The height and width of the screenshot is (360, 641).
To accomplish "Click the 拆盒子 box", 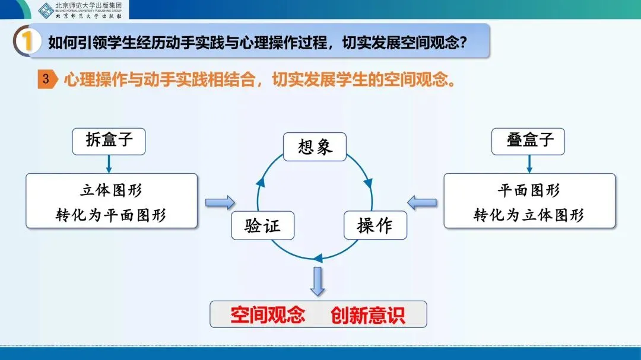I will click(x=109, y=141).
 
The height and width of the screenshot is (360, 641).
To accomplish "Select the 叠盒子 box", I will click(x=528, y=141).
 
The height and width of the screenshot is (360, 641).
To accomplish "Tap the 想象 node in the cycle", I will click(x=315, y=146).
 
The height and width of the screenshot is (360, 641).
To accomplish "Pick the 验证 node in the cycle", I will click(x=262, y=225).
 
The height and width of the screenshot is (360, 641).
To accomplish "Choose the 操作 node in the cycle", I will click(x=375, y=225).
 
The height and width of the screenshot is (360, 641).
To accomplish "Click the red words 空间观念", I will click(x=268, y=314).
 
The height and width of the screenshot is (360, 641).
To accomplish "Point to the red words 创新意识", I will click(x=368, y=314).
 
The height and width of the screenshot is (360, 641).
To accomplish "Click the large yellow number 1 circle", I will click(x=27, y=43).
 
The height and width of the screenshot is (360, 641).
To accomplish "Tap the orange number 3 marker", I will click(x=46, y=79).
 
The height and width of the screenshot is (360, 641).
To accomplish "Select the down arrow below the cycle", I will click(x=318, y=281).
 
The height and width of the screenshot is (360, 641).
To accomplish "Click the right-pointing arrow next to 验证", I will click(x=220, y=203).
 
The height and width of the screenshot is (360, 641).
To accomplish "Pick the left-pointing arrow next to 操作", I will click(x=422, y=203).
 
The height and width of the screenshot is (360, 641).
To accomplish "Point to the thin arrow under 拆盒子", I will click(x=109, y=163).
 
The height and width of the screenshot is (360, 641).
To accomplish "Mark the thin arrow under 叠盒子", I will click(x=528, y=163).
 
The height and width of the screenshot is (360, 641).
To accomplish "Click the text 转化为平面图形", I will click(x=111, y=214).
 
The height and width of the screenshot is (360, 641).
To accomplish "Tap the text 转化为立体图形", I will click(x=529, y=214).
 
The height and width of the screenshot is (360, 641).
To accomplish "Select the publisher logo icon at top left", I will click(x=46, y=9).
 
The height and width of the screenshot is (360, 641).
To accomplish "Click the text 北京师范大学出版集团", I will click(x=88, y=6).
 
